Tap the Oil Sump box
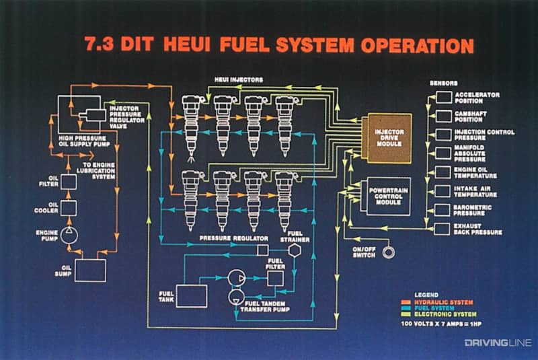(x=90, y=270)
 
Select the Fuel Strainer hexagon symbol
(x=294, y=250)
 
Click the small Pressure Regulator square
(x=263, y=250)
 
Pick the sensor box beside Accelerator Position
(x=444, y=97)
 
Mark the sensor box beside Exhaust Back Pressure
(x=444, y=229)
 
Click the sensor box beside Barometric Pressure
(x=444, y=210)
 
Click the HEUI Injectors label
(x=238, y=80)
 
